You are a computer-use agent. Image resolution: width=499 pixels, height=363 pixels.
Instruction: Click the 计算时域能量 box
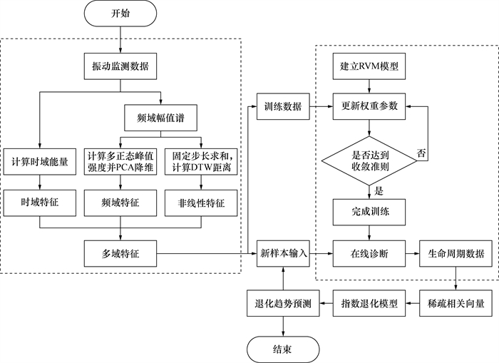point(40,161)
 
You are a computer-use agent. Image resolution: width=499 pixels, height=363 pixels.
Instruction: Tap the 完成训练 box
point(369,211)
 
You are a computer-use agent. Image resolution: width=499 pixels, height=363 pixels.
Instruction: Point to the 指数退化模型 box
point(369,303)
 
